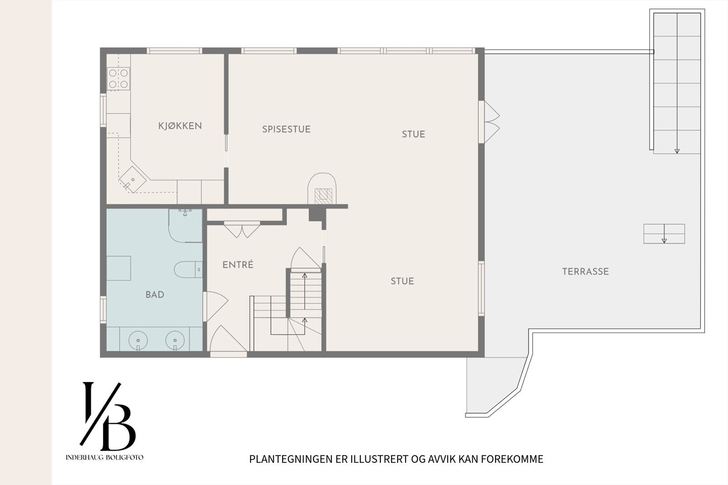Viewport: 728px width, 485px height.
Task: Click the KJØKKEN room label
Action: click(x=180, y=126)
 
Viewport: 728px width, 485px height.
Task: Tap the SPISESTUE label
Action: click(x=286, y=129)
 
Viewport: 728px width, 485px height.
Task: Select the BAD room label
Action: click(x=155, y=294)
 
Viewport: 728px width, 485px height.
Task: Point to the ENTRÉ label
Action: click(x=238, y=264)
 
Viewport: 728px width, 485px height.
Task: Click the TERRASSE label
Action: click(x=586, y=272)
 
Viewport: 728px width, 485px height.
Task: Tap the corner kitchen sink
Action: click(x=132, y=179)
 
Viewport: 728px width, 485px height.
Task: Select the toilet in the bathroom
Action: click(x=188, y=269)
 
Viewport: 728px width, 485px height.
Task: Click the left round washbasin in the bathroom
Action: click(x=138, y=340)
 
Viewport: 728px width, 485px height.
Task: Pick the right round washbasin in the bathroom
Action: click(x=175, y=340)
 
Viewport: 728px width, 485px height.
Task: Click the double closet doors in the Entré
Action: click(x=242, y=229)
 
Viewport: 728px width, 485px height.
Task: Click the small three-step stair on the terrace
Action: click(x=664, y=234)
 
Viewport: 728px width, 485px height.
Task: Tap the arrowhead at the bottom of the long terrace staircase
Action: click(x=677, y=151)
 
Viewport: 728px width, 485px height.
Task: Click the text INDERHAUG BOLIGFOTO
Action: click(x=105, y=457)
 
